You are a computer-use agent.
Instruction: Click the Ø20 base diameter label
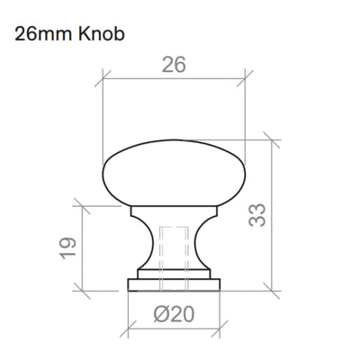click(175, 314)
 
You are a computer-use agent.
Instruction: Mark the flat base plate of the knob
click(175, 283)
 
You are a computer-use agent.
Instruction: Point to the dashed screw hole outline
click(175, 256)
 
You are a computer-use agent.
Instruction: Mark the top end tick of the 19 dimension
click(84, 205)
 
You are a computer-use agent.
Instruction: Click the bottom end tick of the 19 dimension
click(84, 290)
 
